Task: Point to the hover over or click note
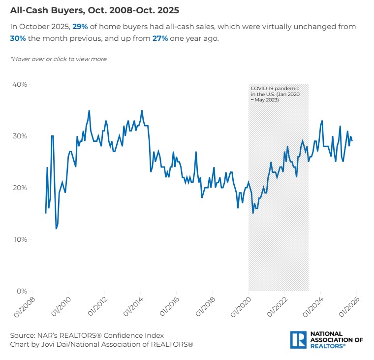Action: [x=59, y=59]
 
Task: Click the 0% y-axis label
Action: [x=21, y=291]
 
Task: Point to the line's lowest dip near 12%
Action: [x=56, y=229]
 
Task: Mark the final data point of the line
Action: [x=352, y=141]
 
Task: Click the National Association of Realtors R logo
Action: [x=298, y=340]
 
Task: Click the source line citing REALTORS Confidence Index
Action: [x=87, y=335]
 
